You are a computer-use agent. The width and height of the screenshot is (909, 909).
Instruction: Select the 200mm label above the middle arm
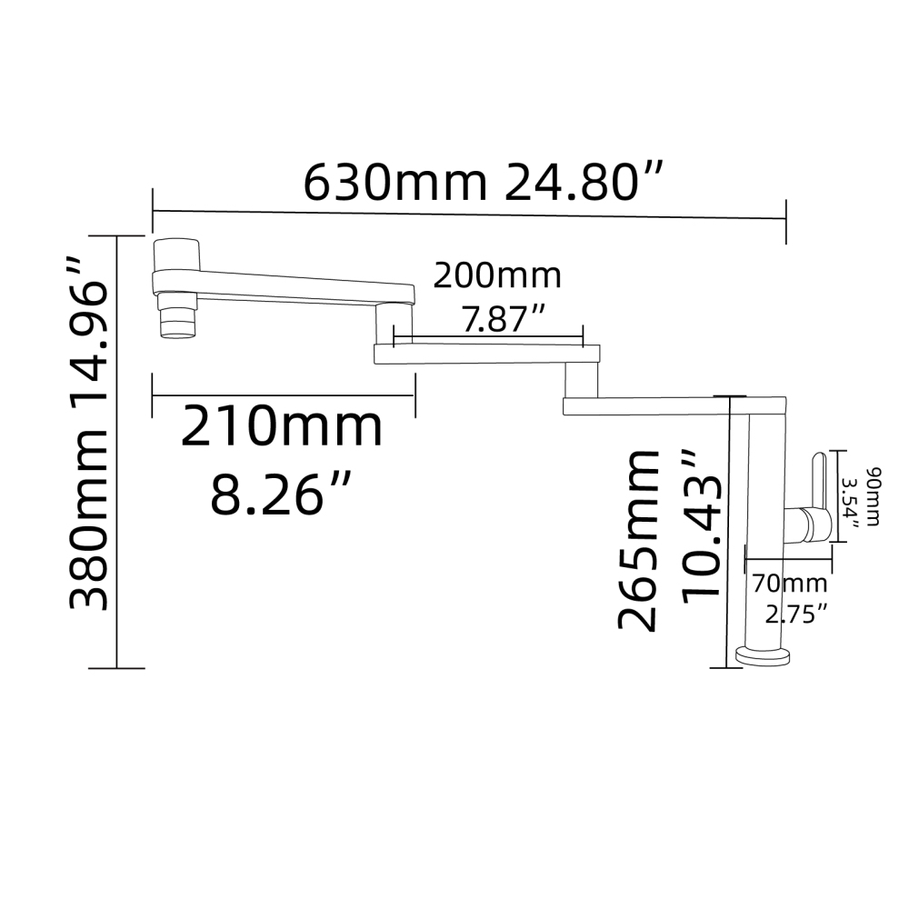496,275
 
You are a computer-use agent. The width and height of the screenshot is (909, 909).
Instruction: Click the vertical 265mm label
638,540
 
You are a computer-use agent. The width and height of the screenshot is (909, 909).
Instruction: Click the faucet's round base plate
763,655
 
